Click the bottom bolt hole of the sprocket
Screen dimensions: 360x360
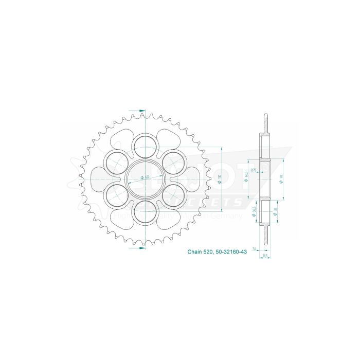tap(147, 211)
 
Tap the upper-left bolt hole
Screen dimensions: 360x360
tap(118, 161)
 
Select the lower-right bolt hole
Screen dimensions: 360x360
tap(175, 194)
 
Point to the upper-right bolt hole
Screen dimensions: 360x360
tap(175, 161)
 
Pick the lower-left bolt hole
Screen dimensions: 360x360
tap(118, 194)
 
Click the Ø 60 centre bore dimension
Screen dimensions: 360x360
tap(145, 177)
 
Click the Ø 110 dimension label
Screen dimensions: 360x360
tap(219, 177)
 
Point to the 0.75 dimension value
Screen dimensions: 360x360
tap(254, 170)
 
